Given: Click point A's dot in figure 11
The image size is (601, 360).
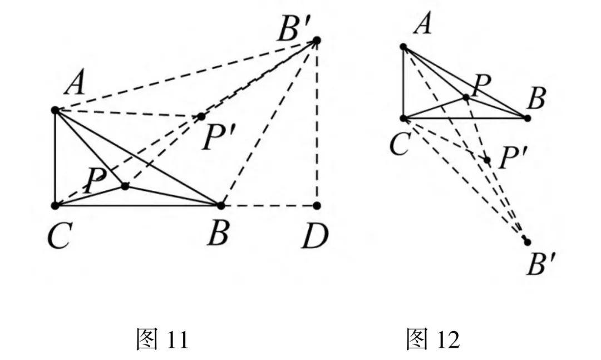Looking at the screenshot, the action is tap(55, 110).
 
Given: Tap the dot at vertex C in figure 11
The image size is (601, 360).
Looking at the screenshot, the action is tap(55, 205).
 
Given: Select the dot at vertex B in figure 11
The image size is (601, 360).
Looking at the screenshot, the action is tap(220, 205).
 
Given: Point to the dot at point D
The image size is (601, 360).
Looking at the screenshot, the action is tap(317, 205).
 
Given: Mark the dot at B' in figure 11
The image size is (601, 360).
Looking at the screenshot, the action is tap(317, 40).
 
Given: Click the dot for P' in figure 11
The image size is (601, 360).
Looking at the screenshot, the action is tap(201, 116).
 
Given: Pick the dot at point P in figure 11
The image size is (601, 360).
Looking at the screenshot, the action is tap(125, 186).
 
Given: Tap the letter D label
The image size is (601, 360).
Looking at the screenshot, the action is tap(316, 235).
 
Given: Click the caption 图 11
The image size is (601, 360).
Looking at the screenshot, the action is tap(162, 339).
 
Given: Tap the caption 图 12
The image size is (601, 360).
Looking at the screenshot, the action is tap(432, 339).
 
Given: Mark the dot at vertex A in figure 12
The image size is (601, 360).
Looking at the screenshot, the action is tap(403, 46).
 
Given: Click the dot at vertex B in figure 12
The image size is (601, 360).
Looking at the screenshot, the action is tap(527, 117).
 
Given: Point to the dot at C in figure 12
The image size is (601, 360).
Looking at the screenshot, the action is tap(403, 117).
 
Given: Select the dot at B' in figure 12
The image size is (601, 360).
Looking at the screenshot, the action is tap(527, 241).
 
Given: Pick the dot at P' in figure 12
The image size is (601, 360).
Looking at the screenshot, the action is tap(487, 160).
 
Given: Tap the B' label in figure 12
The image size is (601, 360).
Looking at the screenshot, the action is tap(539, 265).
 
